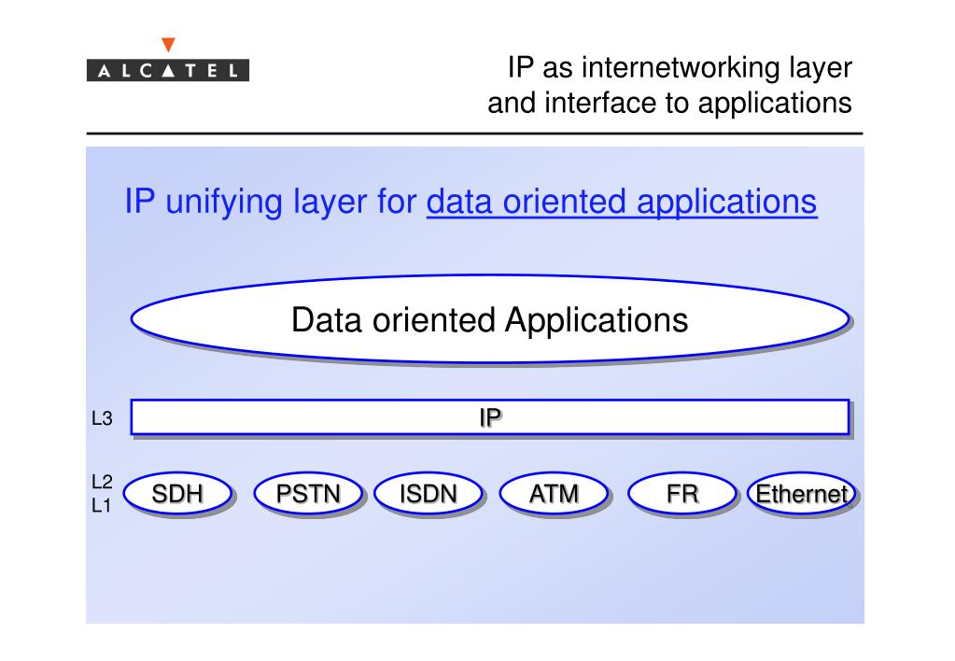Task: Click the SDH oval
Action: [x=177, y=494]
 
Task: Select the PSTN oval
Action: [x=308, y=494]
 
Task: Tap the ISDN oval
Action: [x=428, y=494]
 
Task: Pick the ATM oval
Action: [x=554, y=494]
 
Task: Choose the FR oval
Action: [x=681, y=494]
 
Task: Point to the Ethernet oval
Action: [x=802, y=494]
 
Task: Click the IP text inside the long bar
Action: [x=489, y=417]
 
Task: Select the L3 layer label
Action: [x=102, y=420]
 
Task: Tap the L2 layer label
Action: [x=102, y=483]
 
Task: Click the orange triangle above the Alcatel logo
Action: [x=168, y=44]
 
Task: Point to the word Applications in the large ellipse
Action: [x=597, y=320]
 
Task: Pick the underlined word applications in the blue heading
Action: [x=727, y=202]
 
